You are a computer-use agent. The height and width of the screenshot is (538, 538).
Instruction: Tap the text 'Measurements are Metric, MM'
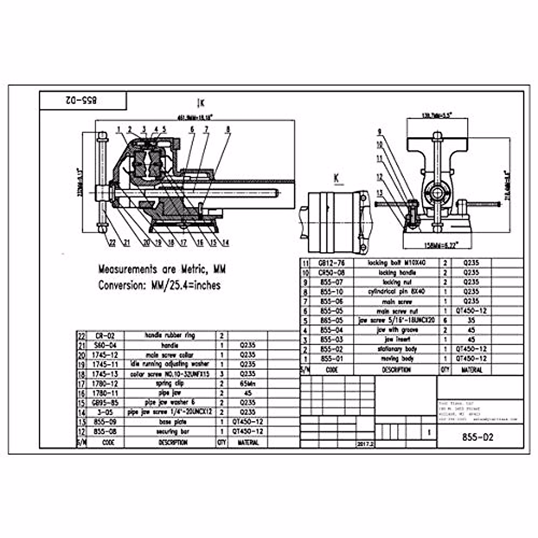pyautogui.click(x=162, y=269)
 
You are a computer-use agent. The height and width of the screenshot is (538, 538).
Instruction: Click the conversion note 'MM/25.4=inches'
pyautogui.click(x=159, y=285)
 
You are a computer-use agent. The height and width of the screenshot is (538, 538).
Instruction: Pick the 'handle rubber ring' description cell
pyautogui.click(x=170, y=335)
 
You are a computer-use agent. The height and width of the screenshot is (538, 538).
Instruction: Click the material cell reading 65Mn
pyautogui.click(x=248, y=383)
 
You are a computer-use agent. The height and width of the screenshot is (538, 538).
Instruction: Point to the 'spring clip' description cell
pyautogui.click(x=170, y=383)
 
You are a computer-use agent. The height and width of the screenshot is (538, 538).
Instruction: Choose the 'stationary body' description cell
pyautogui.click(x=396, y=349)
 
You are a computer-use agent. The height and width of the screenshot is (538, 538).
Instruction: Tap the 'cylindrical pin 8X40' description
pyautogui.click(x=396, y=291)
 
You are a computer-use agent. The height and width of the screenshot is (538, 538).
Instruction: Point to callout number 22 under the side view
pyautogui.click(x=112, y=243)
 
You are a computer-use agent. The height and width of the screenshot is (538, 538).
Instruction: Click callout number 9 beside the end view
pyautogui.click(x=379, y=131)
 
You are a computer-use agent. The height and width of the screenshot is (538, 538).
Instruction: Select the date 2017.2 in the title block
pyautogui.click(x=365, y=443)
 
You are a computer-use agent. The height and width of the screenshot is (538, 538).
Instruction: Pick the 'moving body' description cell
pyautogui.click(x=396, y=359)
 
